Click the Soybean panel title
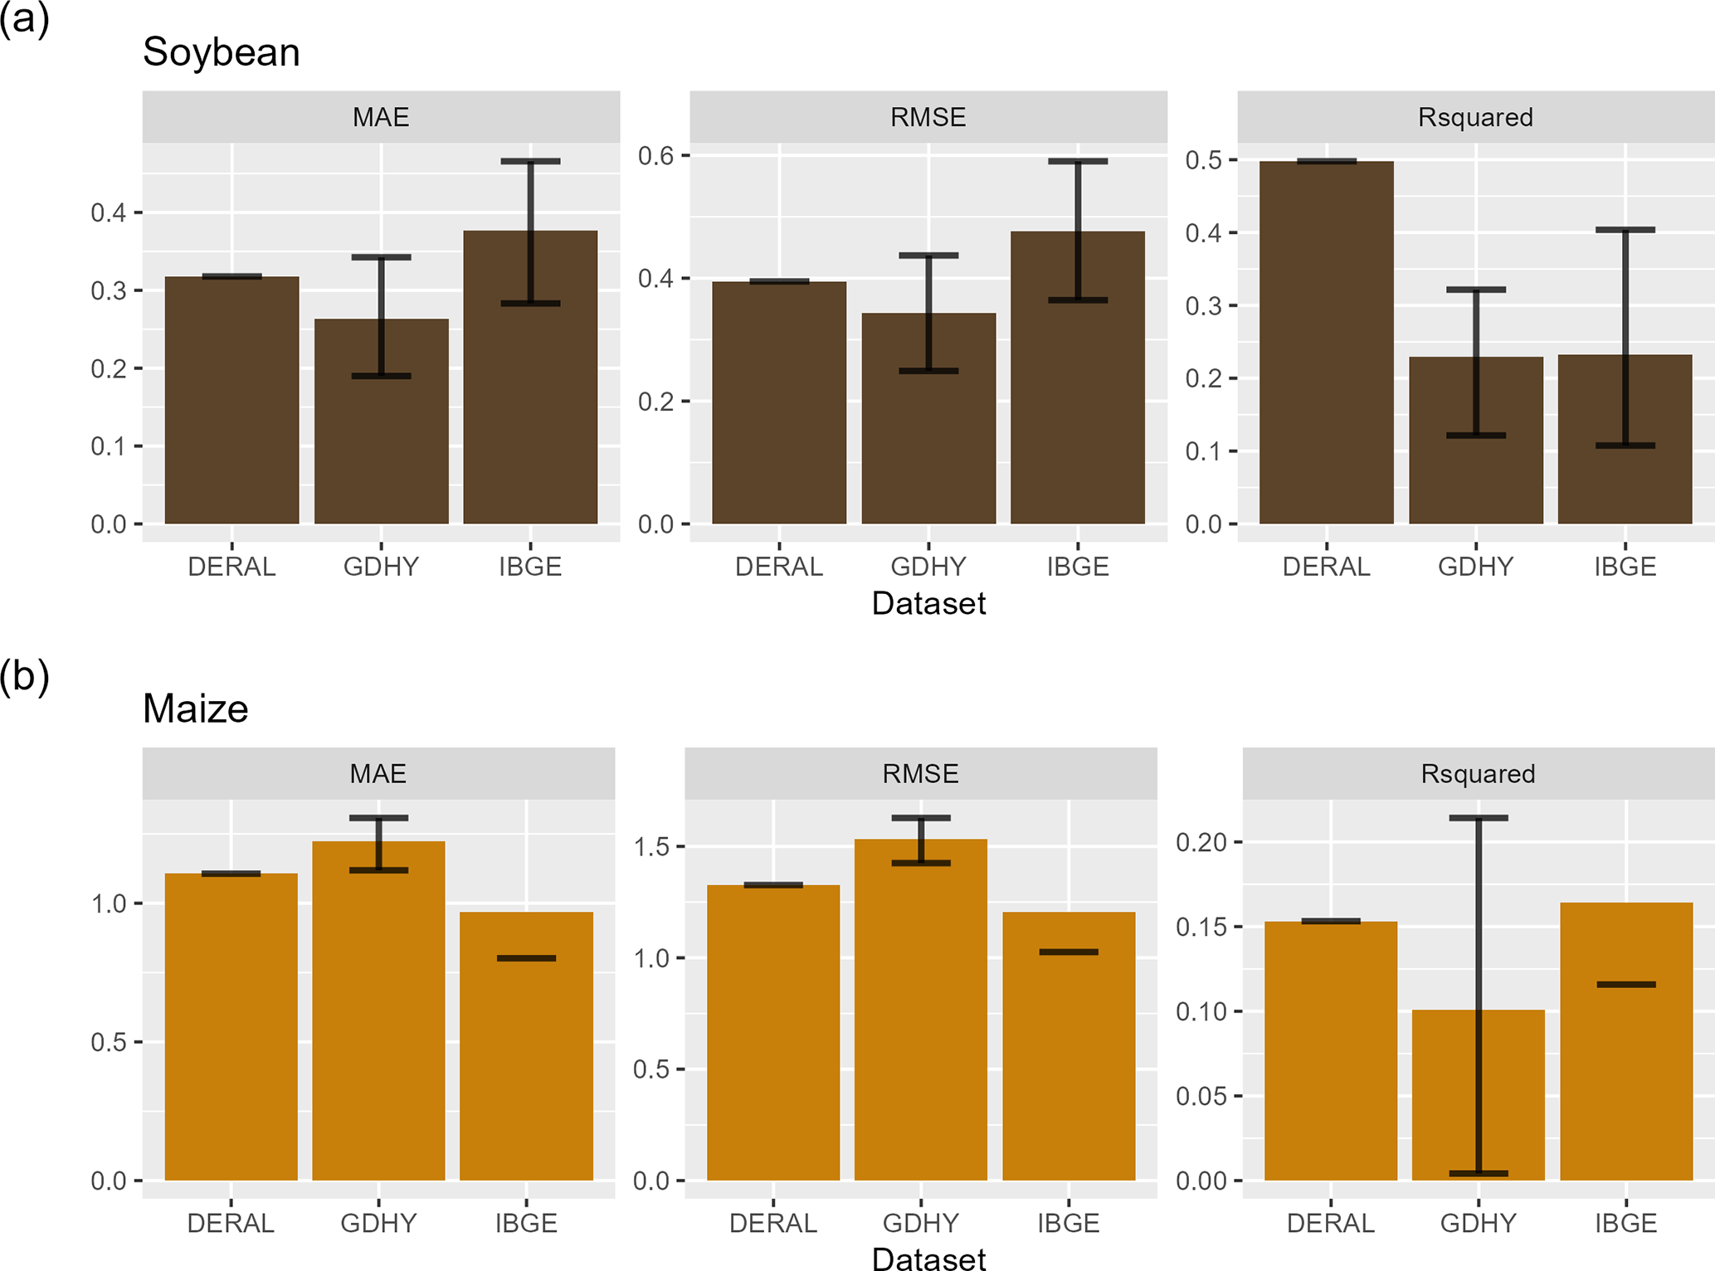point(221,52)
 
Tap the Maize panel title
point(195,709)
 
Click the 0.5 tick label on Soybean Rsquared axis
point(1203,160)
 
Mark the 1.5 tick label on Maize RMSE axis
point(651,847)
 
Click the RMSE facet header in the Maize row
point(920,774)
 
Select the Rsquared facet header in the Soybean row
point(1475,117)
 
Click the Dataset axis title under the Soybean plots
point(928,603)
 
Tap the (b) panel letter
point(25,676)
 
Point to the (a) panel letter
point(25,18)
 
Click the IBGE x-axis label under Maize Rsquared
point(1625,1223)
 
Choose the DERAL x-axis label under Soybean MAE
point(231,567)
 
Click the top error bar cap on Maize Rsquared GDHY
point(1478,818)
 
